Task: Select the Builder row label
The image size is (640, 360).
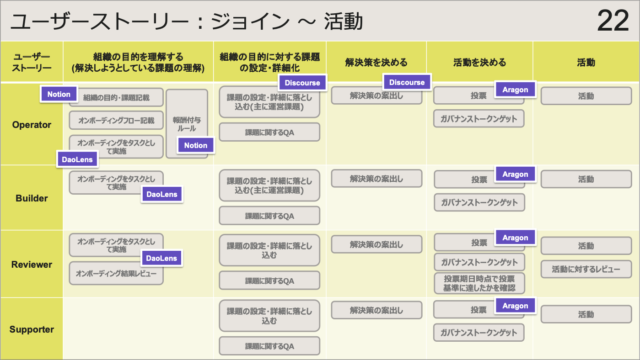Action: pyautogui.click(x=31, y=198)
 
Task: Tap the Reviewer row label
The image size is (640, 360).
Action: pyautogui.click(x=31, y=263)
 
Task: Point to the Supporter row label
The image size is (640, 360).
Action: pyautogui.click(x=31, y=329)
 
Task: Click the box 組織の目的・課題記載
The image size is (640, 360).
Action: pyautogui.click(x=115, y=97)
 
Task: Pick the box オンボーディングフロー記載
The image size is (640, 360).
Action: pyautogui.click(x=115, y=120)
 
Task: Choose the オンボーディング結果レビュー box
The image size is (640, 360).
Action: pyautogui.click(x=115, y=273)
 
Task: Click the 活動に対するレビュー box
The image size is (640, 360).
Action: pyautogui.click(x=587, y=270)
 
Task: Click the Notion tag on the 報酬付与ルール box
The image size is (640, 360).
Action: pyautogui.click(x=196, y=145)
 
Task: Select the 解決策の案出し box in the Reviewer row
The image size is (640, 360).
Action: pyautogui.click(x=375, y=244)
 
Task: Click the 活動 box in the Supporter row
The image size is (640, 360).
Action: pyautogui.click(x=587, y=314)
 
